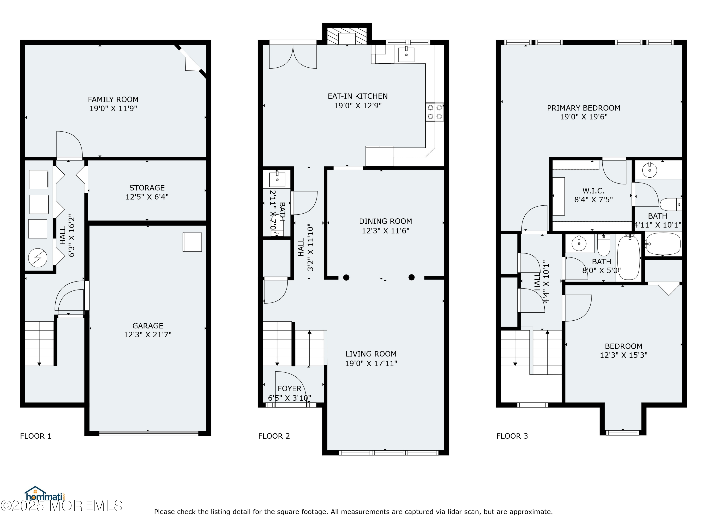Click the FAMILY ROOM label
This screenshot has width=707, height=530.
click(x=113, y=100)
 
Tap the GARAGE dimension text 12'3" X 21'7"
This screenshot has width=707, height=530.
click(x=148, y=334)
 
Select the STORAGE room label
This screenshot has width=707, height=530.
click(x=147, y=188)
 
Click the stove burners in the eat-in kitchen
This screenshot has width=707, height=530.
click(x=435, y=112)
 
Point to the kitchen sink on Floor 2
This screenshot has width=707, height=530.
click(x=406, y=55)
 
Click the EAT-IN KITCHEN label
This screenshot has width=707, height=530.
click(x=358, y=96)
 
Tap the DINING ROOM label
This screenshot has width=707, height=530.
click(x=386, y=221)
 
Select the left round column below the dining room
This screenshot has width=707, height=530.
click(x=346, y=277)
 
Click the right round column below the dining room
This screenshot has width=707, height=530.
click(x=411, y=277)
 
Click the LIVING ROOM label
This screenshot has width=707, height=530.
click(x=371, y=354)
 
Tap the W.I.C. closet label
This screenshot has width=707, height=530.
click(x=594, y=191)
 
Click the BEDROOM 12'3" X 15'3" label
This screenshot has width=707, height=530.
click(x=624, y=346)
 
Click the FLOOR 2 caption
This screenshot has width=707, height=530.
click(x=274, y=436)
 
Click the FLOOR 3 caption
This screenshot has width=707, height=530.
click(x=512, y=436)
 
